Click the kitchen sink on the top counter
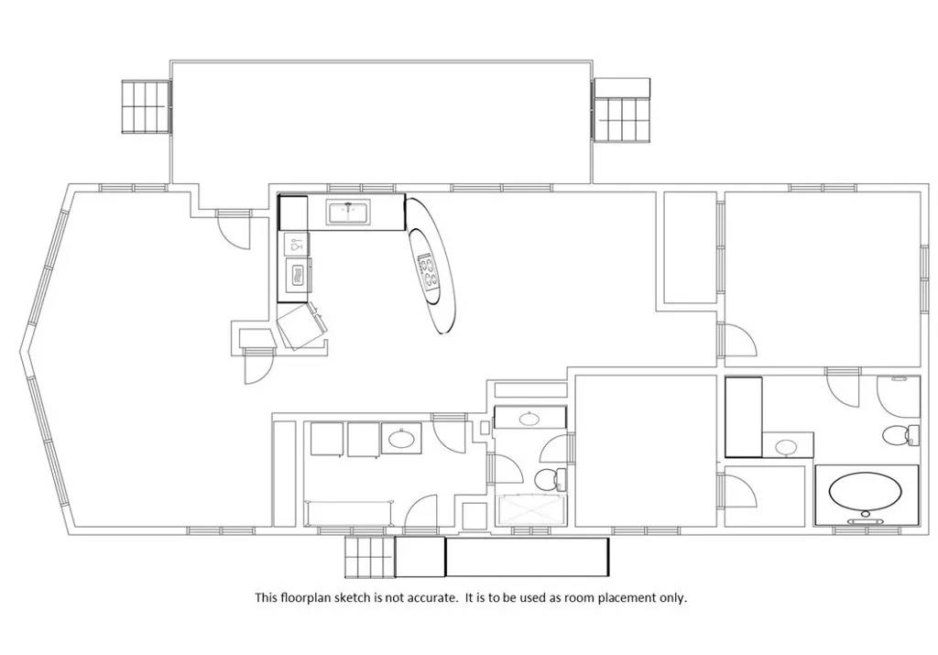[x=348, y=212]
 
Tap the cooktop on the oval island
[x=428, y=270]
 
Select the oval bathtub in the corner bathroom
[x=865, y=490]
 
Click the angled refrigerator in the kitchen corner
[x=302, y=325]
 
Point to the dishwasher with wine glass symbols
[x=296, y=244]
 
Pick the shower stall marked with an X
[x=531, y=511]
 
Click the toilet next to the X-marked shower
[x=551, y=478]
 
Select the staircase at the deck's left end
[x=147, y=106]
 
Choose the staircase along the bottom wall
[x=370, y=557]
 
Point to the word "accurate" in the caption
[x=432, y=597]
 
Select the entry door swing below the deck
[x=234, y=230]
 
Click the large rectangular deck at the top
[x=382, y=122]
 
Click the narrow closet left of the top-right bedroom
[x=690, y=247]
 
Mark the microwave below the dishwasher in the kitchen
[x=298, y=275]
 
